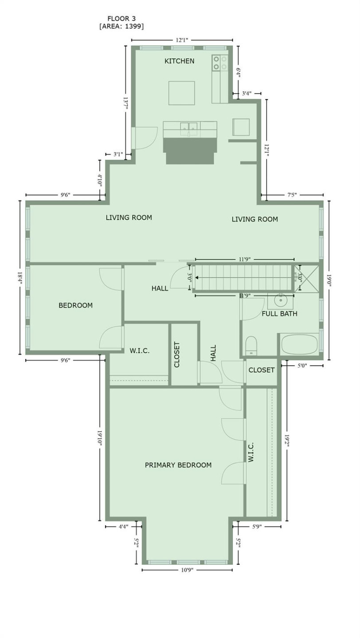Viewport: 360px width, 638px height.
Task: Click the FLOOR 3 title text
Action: pyautogui.click(x=121, y=19)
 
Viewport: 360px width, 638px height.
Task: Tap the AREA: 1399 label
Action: pyautogui.click(x=121, y=26)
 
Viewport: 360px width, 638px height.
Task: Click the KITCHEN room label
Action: pyautogui.click(x=179, y=61)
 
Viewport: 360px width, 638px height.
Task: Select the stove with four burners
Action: pyautogui.click(x=219, y=62)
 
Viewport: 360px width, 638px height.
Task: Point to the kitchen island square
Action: pyautogui.click(x=181, y=93)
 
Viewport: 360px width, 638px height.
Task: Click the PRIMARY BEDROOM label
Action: pyautogui.click(x=178, y=465)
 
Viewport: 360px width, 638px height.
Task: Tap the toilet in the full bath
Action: pyautogui.click(x=251, y=346)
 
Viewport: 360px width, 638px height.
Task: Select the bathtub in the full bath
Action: pyautogui.click(x=300, y=344)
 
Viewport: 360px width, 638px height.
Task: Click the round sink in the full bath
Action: pyautogui.click(x=280, y=300)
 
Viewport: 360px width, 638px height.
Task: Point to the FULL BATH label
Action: pyautogui.click(x=279, y=314)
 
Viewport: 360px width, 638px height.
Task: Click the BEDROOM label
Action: pyautogui.click(x=75, y=305)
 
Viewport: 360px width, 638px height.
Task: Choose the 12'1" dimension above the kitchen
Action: pyautogui.click(x=182, y=40)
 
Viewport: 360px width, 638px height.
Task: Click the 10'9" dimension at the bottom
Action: pyautogui.click(x=187, y=570)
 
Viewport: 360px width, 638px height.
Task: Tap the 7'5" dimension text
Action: pyautogui.click(x=292, y=195)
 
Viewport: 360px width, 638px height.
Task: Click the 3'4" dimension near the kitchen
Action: pyautogui.click(x=247, y=93)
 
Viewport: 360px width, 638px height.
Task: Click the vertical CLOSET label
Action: pyautogui.click(x=177, y=354)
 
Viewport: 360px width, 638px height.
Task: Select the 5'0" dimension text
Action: pyautogui.click(x=302, y=366)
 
